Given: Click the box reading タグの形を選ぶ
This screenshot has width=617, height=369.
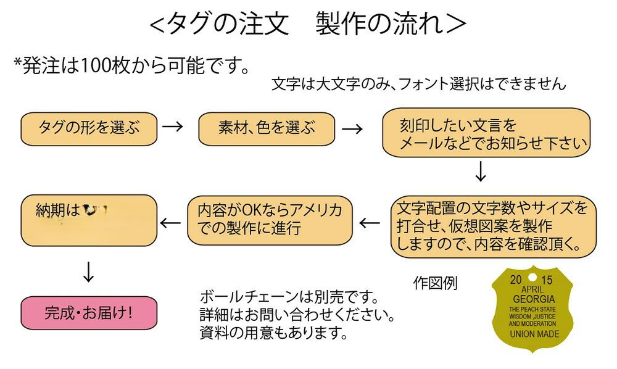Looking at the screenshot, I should click(x=89, y=128).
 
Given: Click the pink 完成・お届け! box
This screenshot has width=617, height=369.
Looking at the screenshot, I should click(x=89, y=313).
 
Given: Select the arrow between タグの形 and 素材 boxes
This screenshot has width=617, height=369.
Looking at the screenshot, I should click(x=173, y=128).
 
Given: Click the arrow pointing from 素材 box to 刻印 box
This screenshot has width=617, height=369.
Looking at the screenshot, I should click(x=352, y=128).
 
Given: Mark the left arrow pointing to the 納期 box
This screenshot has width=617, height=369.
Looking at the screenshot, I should click(x=171, y=222).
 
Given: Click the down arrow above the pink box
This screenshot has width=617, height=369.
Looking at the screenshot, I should click(x=89, y=272).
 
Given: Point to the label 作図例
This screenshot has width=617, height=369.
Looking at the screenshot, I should click(x=435, y=284).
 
